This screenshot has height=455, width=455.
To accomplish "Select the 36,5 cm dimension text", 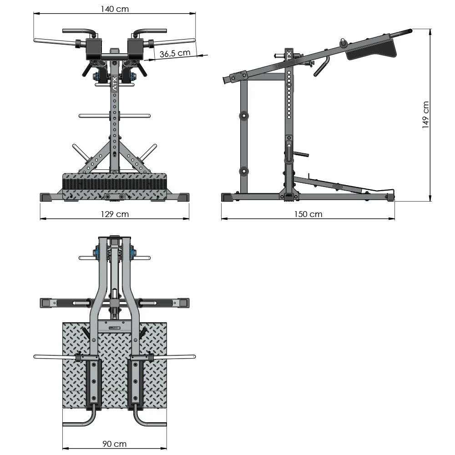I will pos(175,53).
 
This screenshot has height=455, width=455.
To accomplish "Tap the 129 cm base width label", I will pos(115,214).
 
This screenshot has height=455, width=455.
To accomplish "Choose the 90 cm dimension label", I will pos(114,444).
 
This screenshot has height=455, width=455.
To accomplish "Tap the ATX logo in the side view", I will pos(288,56).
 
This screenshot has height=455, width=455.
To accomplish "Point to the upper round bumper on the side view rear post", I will pos(245,116).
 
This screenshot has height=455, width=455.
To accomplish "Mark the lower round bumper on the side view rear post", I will pos(245,172).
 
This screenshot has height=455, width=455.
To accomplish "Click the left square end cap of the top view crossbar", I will pos(45,302).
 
